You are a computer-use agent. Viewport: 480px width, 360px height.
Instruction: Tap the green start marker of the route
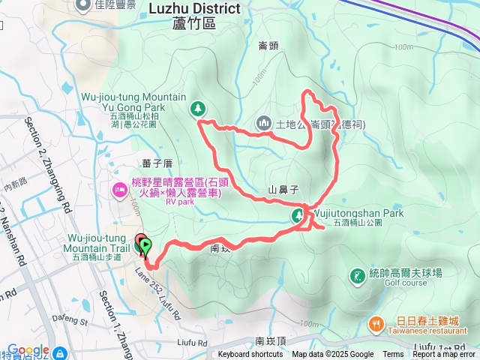(145, 244)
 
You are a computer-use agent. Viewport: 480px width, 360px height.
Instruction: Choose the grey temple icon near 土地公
(264, 122)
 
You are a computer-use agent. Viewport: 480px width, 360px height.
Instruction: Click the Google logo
(28, 350)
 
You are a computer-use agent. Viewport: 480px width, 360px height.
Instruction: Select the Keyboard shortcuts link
(251, 355)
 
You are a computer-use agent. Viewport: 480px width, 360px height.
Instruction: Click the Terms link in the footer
(393, 355)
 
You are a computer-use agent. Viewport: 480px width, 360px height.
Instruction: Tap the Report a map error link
(445, 355)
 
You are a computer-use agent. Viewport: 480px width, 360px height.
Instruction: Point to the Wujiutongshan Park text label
(358, 214)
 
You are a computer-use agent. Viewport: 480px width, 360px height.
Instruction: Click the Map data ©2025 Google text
(333, 355)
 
